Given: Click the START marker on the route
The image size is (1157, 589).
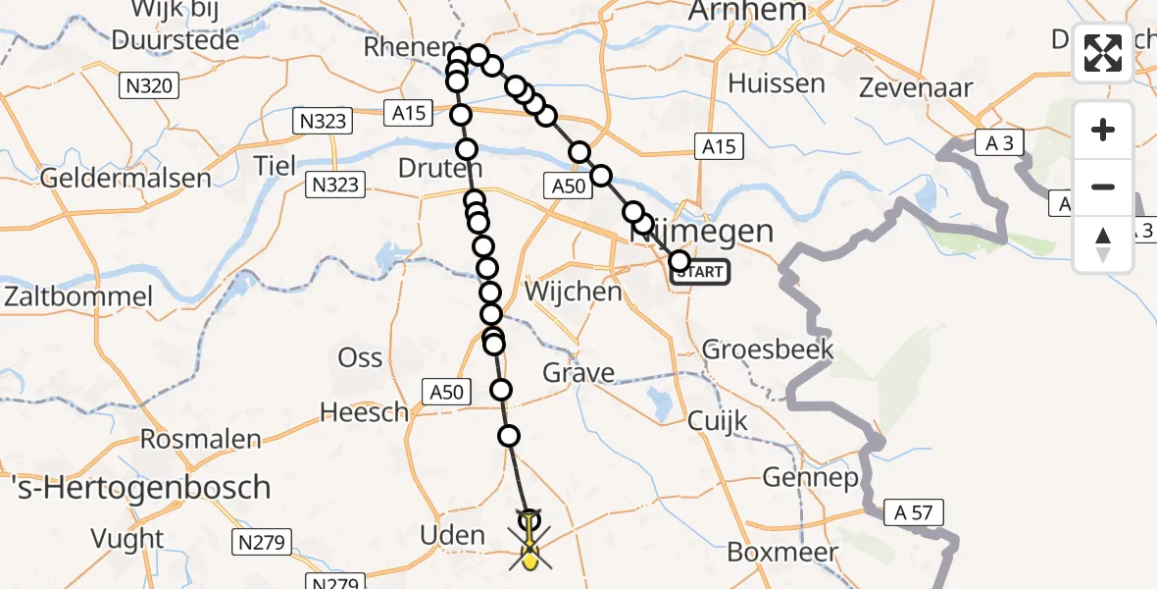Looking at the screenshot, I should pyautogui.click(x=701, y=272).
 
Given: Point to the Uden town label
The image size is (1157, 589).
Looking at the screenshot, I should pyautogui.click(x=453, y=535).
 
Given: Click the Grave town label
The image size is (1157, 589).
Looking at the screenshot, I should pyautogui.click(x=580, y=373).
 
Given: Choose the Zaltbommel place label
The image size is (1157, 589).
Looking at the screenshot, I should pyautogui.click(x=77, y=296).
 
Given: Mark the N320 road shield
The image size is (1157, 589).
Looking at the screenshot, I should pyautogui.click(x=149, y=86).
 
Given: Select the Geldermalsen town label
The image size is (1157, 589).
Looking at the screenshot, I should pyautogui.click(x=126, y=179).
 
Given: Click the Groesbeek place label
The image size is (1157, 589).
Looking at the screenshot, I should pyautogui.click(x=768, y=348).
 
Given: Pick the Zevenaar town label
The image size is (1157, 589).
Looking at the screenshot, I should pyautogui.click(x=916, y=87).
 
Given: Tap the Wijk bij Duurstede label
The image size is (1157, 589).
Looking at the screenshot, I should pyautogui.click(x=176, y=27).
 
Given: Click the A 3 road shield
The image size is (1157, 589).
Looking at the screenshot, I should pyautogui.click(x=999, y=144).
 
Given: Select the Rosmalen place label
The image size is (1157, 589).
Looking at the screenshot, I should pyautogui.click(x=200, y=438).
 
